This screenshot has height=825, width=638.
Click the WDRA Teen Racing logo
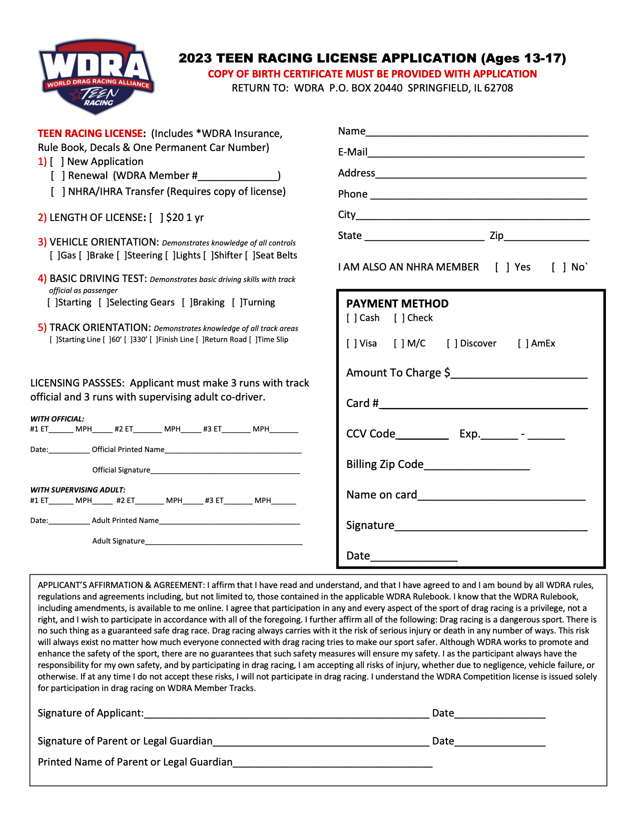point(96,76)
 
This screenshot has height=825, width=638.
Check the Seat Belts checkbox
point(249,255)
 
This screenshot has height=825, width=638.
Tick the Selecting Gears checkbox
point(103,302)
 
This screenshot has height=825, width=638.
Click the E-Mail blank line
point(475,152)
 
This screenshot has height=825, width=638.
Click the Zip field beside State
point(546,236)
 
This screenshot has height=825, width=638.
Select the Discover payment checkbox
point(452,343)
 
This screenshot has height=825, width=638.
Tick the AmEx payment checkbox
point(523,343)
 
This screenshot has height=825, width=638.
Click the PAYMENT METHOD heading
point(397,304)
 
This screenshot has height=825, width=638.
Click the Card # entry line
point(483,404)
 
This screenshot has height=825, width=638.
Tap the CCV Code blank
point(422,434)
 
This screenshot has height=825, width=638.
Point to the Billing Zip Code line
point(476,465)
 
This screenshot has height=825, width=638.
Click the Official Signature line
point(225,470)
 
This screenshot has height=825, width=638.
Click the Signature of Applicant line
point(286,713)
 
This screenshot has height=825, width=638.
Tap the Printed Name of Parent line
point(332,762)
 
